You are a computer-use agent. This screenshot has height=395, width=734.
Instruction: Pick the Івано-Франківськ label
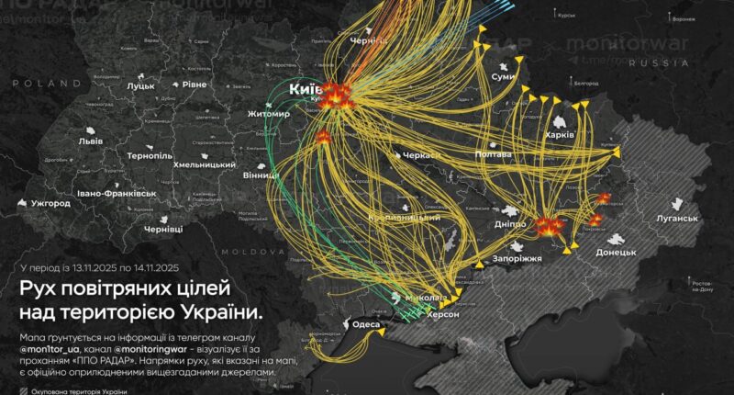(117, 194)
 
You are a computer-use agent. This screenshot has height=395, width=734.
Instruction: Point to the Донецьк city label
(616, 251)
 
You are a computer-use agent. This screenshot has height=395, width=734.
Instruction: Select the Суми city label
(504, 77)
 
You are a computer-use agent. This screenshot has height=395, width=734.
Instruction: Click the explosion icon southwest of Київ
(324, 137)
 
